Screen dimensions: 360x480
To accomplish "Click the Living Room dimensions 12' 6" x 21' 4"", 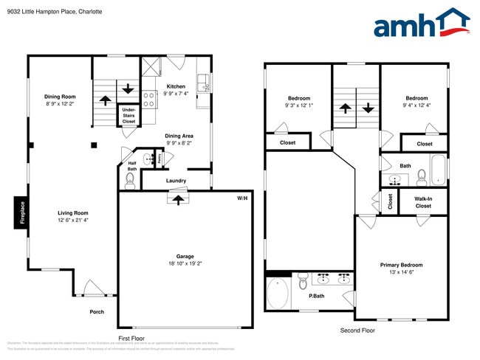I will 73,220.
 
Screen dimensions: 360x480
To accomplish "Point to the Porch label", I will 97,311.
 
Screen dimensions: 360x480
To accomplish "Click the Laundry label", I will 176,180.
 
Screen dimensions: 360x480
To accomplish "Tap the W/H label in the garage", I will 242,198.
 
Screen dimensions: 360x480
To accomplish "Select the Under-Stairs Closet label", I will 128,116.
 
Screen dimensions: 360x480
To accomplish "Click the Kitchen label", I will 176,86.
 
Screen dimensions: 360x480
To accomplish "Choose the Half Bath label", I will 132,166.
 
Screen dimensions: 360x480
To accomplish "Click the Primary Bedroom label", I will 401,265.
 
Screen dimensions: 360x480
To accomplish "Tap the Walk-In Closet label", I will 423,201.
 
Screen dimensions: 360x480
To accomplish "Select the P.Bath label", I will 316,296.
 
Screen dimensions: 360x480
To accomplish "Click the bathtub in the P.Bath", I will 278,293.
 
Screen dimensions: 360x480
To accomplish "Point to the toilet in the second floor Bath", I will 422,176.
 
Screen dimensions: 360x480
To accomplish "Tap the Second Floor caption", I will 357,330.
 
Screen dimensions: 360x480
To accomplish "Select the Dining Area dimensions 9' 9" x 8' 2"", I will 179,143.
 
